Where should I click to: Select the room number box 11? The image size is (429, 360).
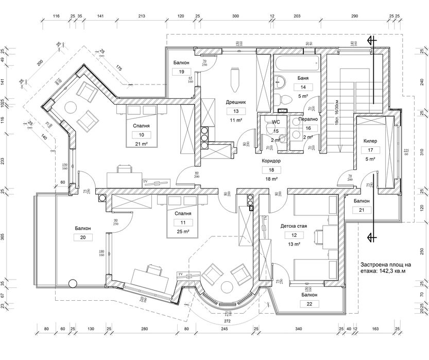coord(183,222)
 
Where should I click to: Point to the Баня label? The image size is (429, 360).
coord(303,78)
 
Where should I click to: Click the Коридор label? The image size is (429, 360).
coord(271,161)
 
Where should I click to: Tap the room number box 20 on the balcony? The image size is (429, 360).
coord(82,237)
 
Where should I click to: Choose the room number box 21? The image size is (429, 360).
coord(362,210)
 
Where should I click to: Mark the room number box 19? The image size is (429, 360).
coord(181,72)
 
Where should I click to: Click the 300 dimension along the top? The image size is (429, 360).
coord(235,16)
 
